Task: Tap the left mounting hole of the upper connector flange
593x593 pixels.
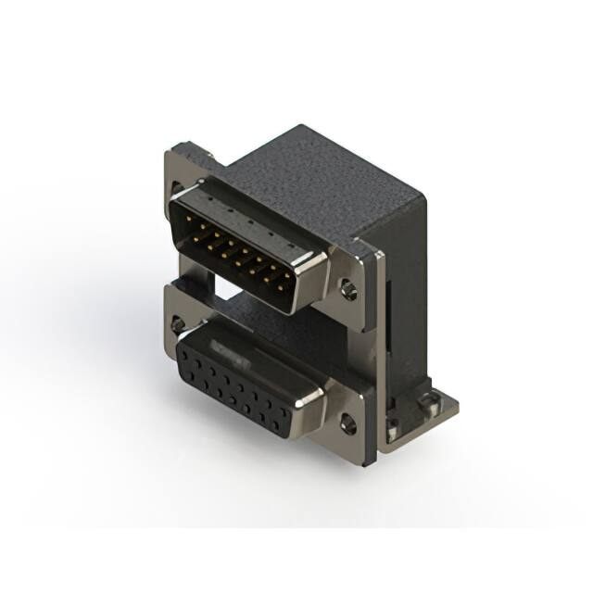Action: (x=177, y=188)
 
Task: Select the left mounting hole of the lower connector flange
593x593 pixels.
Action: (x=177, y=325)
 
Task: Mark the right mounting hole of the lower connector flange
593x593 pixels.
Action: (x=347, y=425)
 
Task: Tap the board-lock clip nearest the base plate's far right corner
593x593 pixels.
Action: (x=429, y=401)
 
